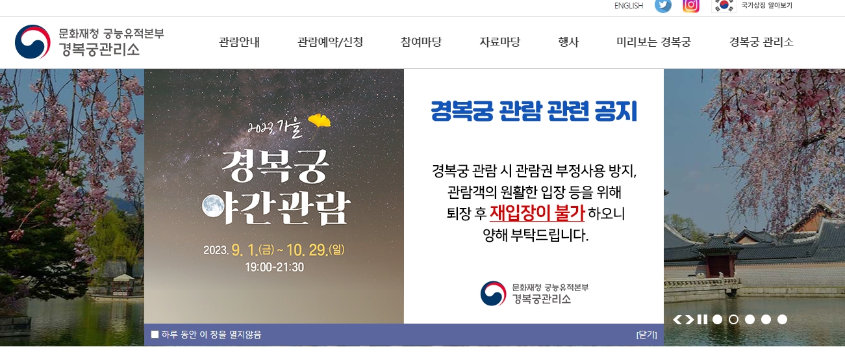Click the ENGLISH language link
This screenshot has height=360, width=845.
tap(628, 6)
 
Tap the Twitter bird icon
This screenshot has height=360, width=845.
tap(663, 5)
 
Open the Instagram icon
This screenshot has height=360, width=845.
tap(691, 5)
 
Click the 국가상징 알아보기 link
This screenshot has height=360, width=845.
tap(766, 6)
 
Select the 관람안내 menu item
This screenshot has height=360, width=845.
tap(239, 43)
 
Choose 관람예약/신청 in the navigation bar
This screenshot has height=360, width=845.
tap(330, 43)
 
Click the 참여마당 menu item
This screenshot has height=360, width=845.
tap(421, 43)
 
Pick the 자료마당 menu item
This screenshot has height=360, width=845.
tap(499, 43)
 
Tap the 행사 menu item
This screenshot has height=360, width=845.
tap(568, 43)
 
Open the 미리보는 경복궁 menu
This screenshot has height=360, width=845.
tap(653, 43)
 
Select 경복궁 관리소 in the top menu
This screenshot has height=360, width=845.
tap(761, 43)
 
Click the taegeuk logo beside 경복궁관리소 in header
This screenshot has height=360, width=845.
tap(32, 42)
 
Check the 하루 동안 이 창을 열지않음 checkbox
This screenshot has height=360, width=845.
tap(155, 335)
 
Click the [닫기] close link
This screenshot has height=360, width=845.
tap(647, 335)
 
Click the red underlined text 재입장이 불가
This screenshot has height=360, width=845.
tap(537, 213)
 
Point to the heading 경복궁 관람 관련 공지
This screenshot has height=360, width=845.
tap(534, 112)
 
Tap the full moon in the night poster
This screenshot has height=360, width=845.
tap(213, 205)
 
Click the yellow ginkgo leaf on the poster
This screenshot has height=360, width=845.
tap(319, 121)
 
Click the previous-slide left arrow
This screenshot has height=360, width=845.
tap(677, 320)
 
